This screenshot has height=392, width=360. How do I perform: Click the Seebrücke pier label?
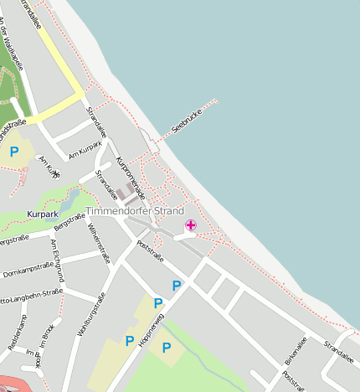click(x=188, y=121)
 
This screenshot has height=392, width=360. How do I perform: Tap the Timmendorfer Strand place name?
click(x=135, y=211)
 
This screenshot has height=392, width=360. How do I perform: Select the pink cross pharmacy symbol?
click(x=191, y=224)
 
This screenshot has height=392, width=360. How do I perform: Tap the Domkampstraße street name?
click(x=26, y=273)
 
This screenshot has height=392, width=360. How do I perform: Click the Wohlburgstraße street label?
click(x=90, y=314)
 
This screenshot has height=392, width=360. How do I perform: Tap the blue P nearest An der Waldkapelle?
click(x=14, y=152)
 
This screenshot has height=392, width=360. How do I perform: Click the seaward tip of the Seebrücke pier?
click(x=215, y=101)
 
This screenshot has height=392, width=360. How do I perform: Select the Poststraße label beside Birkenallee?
click(x=295, y=379)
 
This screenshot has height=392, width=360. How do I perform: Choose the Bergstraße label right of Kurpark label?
click(x=69, y=222)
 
